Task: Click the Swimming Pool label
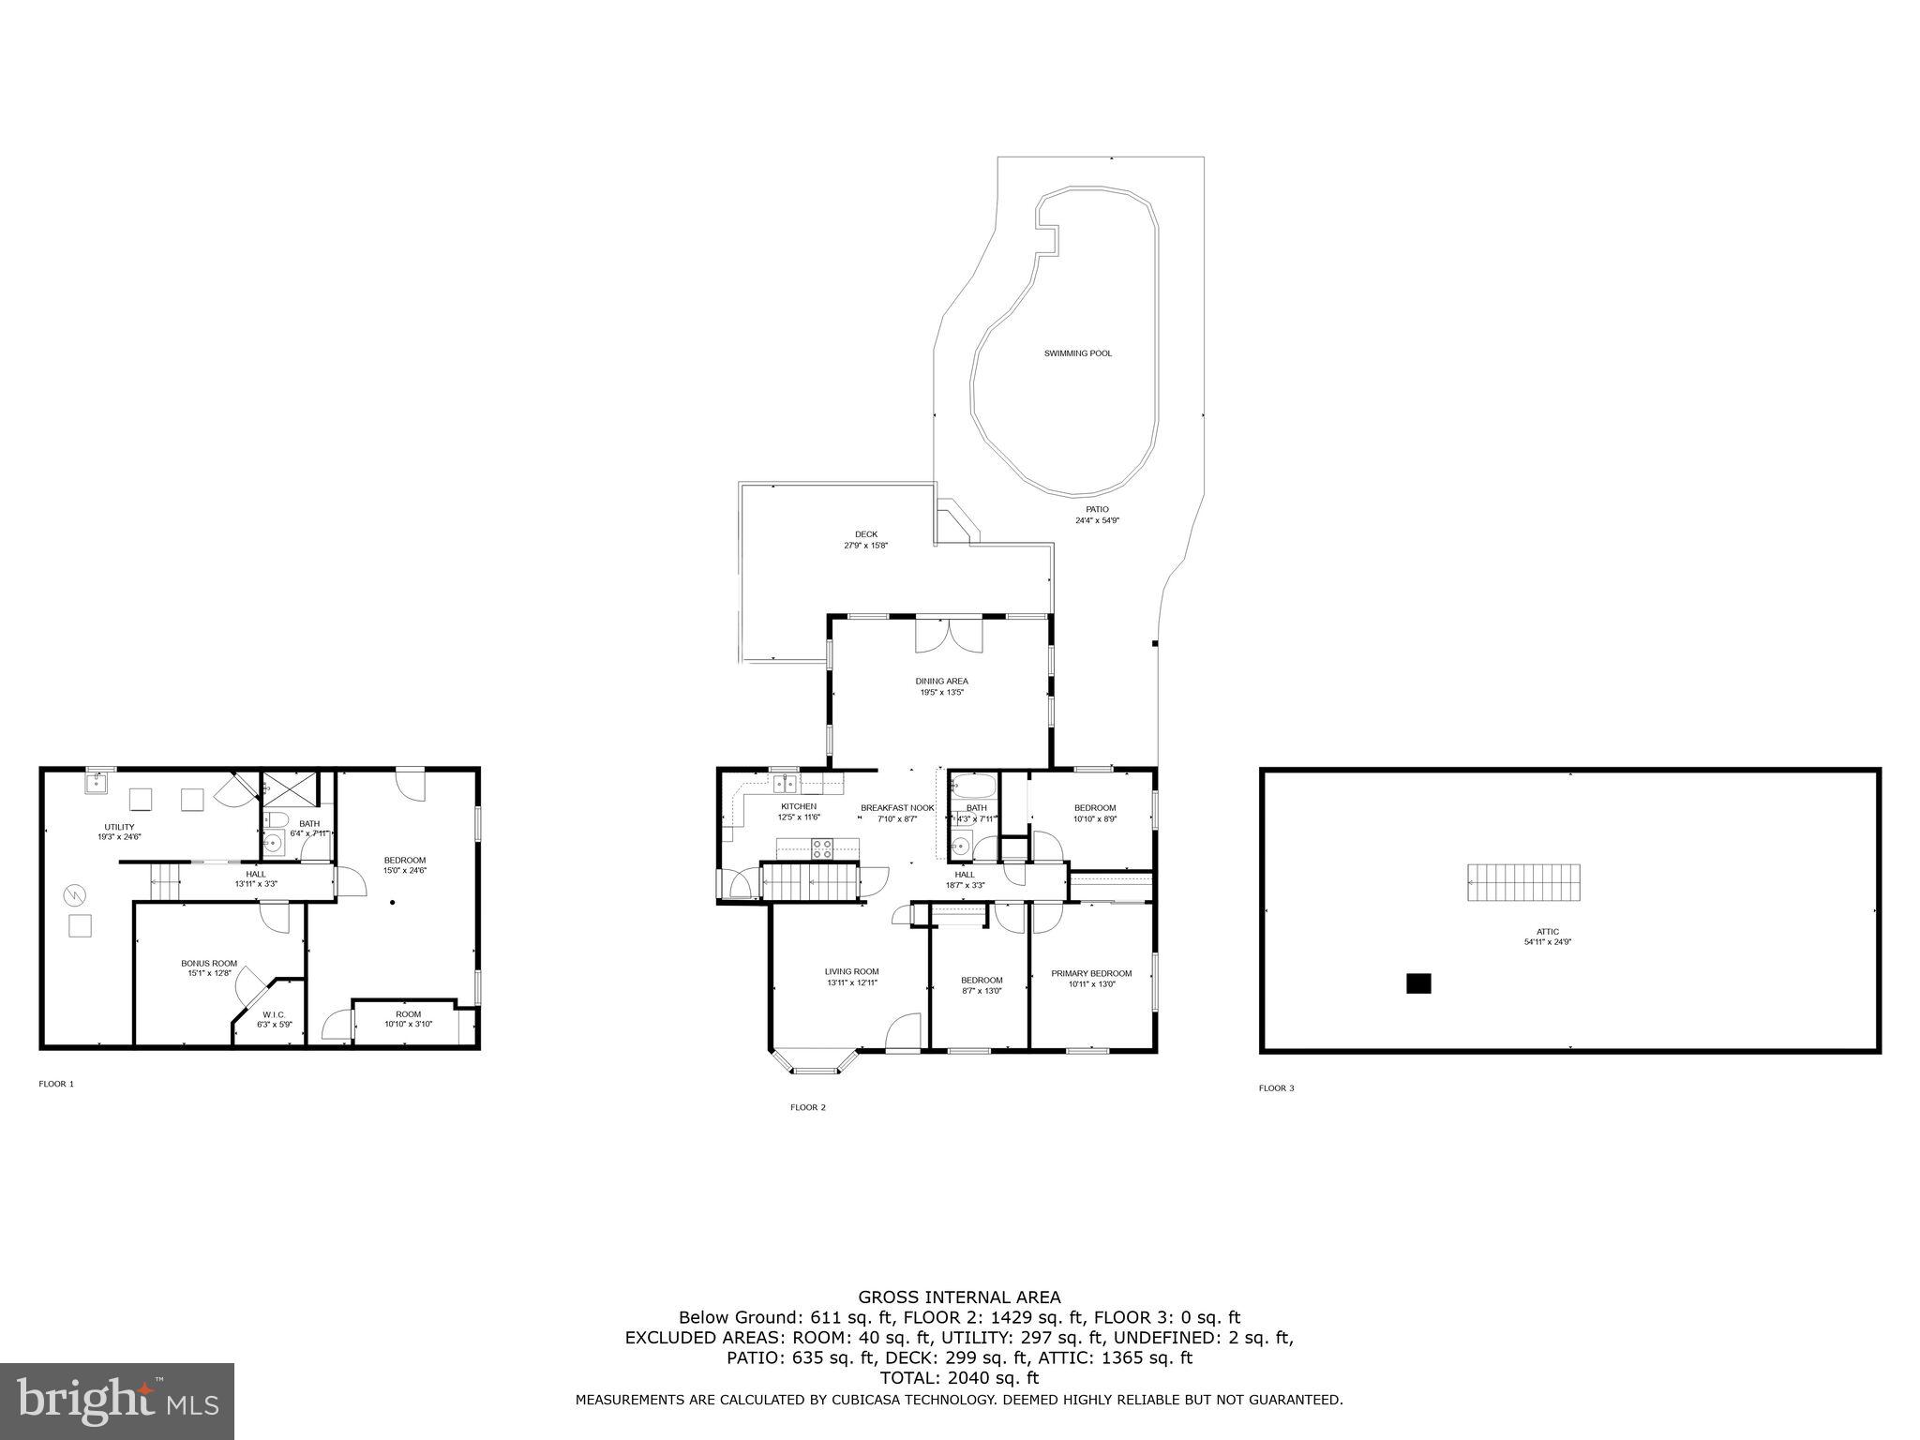[x=1078, y=353]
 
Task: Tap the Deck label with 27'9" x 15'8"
[x=865, y=539]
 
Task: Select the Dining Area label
[x=941, y=686]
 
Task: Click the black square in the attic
[x=1418, y=983]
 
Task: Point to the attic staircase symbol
[x=1523, y=882]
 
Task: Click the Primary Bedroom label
[x=1090, y=978]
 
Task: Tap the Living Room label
[x=851, y=977]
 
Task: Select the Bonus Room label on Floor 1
[x=209, y=967]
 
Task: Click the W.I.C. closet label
[x=274, y=1019]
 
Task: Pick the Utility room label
[x=119, y=831]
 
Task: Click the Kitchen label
[x=799, y=811]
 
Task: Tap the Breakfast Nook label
[x=897, y=813]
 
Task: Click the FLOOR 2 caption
[x=807, y=1107]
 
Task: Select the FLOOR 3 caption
[x=1276, y=1088]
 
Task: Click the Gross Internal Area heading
[x=959, y=1297]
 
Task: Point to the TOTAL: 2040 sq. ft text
[x=959, y=1378]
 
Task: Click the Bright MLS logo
[x=117, y=1402]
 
